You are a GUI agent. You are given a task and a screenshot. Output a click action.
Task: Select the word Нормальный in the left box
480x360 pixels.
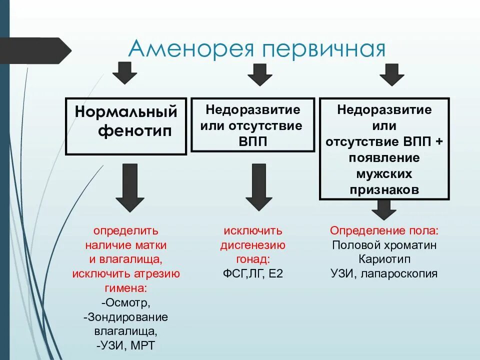(x=126, y=110)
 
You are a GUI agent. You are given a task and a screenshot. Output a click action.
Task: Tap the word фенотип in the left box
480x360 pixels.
(x=134, y=131)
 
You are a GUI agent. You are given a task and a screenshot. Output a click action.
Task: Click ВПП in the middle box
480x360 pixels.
(x=253, y=141)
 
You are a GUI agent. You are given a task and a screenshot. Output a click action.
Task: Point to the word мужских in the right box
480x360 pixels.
(x=384, y=174)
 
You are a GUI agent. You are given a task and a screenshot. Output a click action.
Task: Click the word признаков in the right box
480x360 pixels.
(x=384, y=190)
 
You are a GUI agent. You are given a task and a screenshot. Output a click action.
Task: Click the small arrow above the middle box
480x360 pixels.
(x=260, y=74)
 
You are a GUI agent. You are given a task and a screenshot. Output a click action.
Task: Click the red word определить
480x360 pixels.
(x=126, y=231)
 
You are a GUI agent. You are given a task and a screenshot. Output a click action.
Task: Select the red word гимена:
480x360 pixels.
(x=126, y=288)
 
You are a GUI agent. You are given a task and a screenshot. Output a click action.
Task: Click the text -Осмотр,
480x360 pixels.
(x=126, y=303)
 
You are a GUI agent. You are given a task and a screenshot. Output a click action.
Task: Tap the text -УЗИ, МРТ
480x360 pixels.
(x=126, y=345)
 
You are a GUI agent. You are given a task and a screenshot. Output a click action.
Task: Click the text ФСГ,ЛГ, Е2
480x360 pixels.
(x=253, y=274)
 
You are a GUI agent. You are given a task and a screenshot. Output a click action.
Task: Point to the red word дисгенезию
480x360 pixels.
(x=253, y=245)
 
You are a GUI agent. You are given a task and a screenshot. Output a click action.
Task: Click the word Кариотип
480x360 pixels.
(x=384, y=259)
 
